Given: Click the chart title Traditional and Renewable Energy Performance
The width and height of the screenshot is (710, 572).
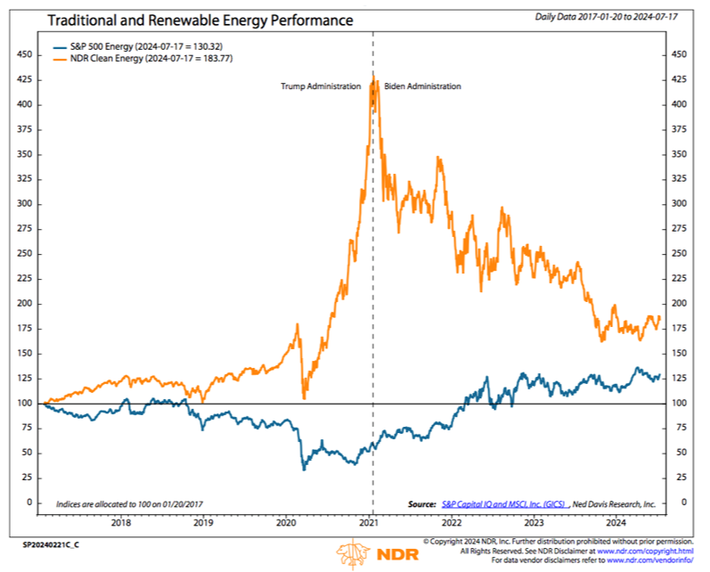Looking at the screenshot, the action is (200, 20).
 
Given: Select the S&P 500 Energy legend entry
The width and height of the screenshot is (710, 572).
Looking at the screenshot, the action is (138, 46).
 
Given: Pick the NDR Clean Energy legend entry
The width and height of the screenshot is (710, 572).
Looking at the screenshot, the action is (143, 59).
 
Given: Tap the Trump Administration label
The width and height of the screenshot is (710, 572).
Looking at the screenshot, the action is (321, 86).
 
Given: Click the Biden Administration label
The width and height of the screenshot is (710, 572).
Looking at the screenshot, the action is (422, 86).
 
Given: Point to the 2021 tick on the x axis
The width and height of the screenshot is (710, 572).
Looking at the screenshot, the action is (369, 523).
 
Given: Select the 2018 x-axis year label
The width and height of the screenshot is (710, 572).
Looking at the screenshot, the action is (121, 523).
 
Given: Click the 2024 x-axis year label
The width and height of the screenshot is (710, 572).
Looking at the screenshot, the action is (616, 523).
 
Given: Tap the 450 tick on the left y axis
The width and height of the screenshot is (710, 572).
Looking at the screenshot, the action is (24, 54).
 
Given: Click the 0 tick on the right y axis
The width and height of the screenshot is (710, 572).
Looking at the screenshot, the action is (684, 502).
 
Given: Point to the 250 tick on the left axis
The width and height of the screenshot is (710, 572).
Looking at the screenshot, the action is (24, 254).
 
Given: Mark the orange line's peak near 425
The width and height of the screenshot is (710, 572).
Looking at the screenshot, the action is (374, 76).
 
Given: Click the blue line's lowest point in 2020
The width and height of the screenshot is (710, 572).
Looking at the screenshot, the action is (304, 470).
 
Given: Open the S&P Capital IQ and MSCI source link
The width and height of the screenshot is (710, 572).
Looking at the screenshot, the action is (503, 504).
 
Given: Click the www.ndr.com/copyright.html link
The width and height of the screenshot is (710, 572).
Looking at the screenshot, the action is (645, 552).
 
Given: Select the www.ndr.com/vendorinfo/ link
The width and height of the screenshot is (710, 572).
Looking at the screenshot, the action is (649, 560).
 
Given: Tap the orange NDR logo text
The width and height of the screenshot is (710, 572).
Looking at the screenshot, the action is (397, 554).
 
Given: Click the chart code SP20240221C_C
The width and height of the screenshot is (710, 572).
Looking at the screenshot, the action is (51, 545).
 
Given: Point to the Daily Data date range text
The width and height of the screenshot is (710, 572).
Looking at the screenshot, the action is (607, 17).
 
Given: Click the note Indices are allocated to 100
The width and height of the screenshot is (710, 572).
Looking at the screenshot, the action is (129, 504).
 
